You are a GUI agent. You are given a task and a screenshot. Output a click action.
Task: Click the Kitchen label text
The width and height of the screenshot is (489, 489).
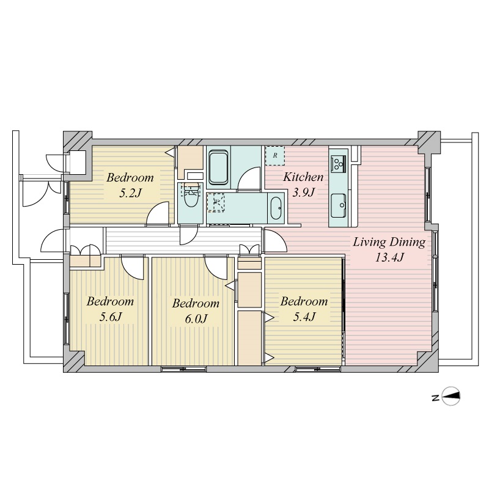click(x=303, y=177)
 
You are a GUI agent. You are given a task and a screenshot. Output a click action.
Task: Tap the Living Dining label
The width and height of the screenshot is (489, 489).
click(x=389, y=242)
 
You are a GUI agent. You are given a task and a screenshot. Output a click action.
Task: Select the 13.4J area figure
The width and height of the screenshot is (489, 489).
click(x=389, y=257)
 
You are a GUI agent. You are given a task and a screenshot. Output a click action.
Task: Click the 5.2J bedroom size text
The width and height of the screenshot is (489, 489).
click(x=130, y=193)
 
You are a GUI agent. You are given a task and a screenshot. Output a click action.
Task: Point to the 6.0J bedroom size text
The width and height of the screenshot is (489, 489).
click(x=196, y=319)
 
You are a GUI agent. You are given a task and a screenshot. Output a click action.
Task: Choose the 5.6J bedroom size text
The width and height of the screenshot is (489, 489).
click(x=110, y=317)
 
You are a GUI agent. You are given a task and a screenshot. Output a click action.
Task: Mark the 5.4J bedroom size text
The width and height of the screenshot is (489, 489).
click(x=304, y=317)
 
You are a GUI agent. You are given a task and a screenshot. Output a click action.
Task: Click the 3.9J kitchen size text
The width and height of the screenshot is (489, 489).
click(x=303, y=193)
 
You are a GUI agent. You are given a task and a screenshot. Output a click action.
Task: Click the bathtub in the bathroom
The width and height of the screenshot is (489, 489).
click(x=218, y=167)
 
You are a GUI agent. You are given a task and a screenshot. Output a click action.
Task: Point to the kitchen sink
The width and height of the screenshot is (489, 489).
click(x=338, y=205)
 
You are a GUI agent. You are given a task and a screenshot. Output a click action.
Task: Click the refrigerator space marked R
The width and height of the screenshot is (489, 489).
click(x=274, y=155)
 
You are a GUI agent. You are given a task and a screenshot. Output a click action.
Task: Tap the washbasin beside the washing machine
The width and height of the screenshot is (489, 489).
click(x=276, y=208)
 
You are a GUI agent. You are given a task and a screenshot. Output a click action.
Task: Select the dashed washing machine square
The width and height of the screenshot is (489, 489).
click(x=216, y=202)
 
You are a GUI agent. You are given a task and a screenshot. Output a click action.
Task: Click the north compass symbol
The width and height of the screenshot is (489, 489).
click(x=450, y=396)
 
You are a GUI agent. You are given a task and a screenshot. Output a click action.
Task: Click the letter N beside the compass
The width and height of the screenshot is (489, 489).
click(x=435, y=398)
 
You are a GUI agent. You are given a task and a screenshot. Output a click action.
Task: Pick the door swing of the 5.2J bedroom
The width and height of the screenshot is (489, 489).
click(x=158, y=213)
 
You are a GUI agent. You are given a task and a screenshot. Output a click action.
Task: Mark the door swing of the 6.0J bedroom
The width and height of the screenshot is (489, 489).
click(x=216, y=268)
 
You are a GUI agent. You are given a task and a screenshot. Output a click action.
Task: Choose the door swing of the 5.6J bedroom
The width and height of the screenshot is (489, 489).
click(x=132, y=268)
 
